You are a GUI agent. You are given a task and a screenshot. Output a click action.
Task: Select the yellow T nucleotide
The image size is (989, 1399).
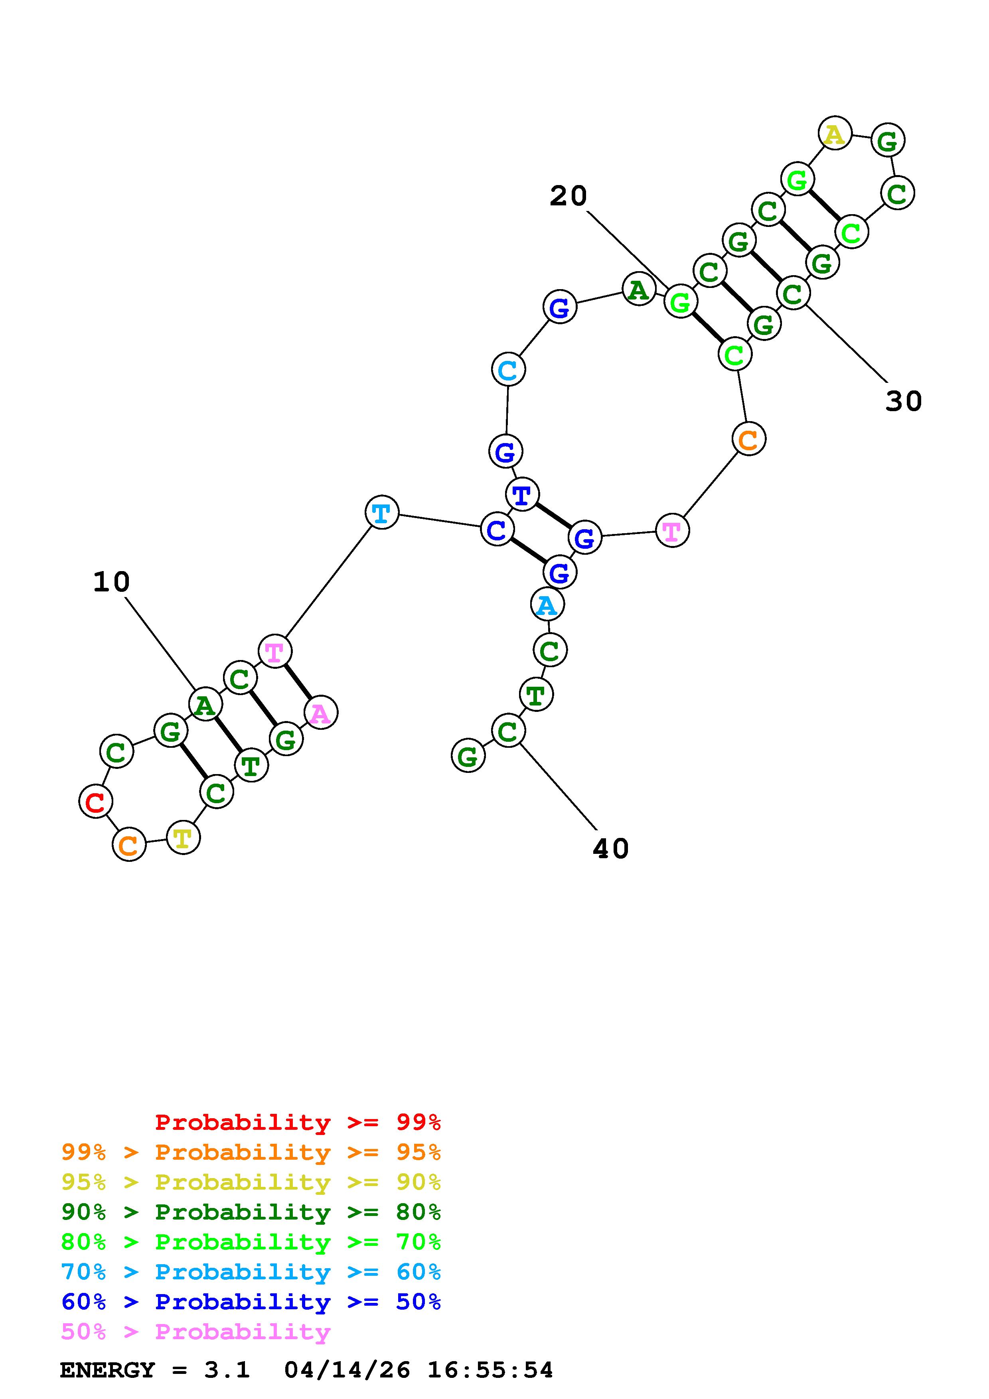point(183,838)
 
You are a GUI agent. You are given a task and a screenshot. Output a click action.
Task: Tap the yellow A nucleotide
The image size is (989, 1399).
point(835,134)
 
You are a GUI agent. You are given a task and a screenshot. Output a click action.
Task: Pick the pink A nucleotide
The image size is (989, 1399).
point(320,713)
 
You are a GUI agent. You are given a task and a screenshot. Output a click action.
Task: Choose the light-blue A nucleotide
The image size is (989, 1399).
point(547,605)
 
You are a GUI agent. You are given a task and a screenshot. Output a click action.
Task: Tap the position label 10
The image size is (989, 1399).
point(112,582)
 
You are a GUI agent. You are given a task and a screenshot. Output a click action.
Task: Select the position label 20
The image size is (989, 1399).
point(568,196)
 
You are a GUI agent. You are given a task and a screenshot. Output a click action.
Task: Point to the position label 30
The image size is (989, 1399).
point(903,402)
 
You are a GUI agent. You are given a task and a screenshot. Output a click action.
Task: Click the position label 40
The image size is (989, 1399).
point(610,849)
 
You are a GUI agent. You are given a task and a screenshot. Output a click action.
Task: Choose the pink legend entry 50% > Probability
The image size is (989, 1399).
point(195,1332)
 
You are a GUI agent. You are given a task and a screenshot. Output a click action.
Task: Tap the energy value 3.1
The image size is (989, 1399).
point(227,1370)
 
